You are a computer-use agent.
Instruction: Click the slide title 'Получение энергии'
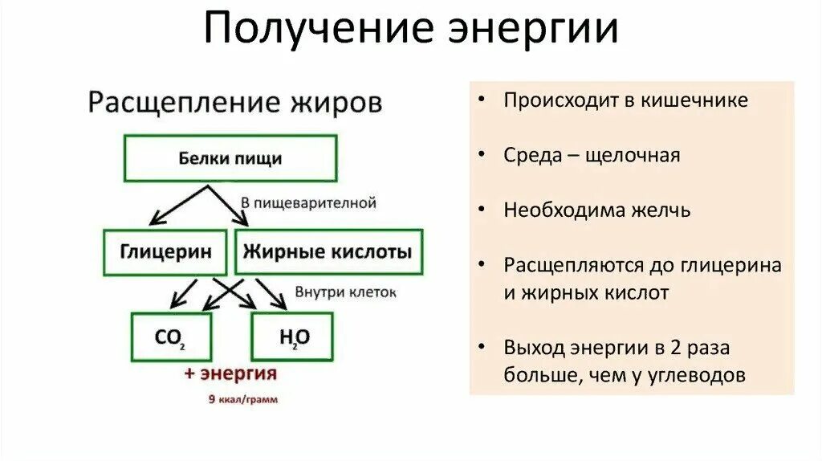pyautogui.click(x=410, y=31)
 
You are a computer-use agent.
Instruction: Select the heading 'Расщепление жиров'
pyautogui.click(x=234, y=104)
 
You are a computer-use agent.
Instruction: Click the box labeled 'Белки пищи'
pyautogui.click(x=230, y=158)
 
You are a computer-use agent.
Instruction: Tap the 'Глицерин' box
pyautogui.click(x=166, y=252)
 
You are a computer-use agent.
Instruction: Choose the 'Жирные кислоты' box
pyautogui.click(x=328, y=252)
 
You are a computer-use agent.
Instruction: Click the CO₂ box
pyautogui.click(x=171, y=337)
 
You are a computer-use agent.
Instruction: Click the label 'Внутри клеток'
pyautogui.click(x=346, y=292)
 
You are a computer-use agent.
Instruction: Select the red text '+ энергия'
pyautogui.click(x=230, y=374)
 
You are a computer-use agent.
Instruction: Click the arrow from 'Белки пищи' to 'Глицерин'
pyautogui.click(x=178, y=206)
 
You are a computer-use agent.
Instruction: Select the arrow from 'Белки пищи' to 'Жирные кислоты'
pyautogui.click(x=227, y=206)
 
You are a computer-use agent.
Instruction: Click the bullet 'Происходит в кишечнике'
pyautogui.click(x=625, y=100)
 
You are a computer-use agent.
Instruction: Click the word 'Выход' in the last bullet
pyautogui.click(x=534, y=348)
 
